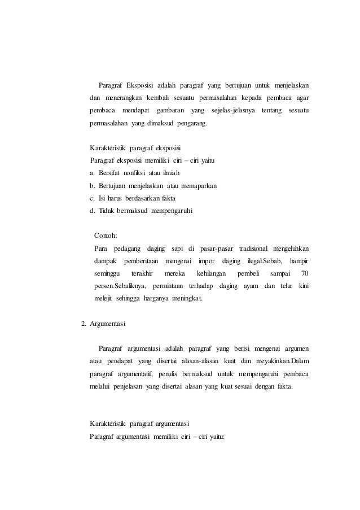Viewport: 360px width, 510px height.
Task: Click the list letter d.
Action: (x=93, y=211)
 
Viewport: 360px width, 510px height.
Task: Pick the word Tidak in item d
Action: (x=107, y=211)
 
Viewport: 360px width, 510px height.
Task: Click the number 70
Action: (x=305, y=274)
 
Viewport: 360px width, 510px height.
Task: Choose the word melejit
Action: (x=103, y=299)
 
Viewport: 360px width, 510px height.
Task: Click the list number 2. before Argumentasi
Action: (x=84, y=324)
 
